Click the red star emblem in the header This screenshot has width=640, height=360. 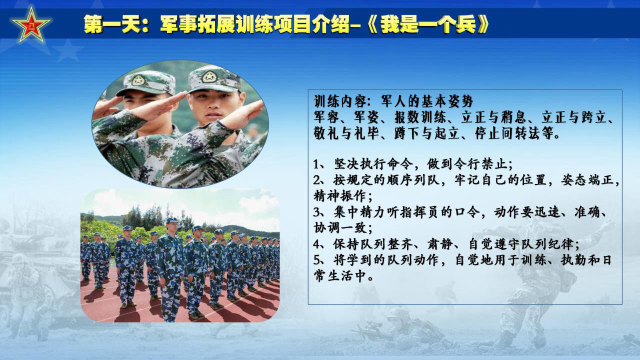pos(31,25)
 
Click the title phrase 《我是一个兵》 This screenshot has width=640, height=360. pos(427,24)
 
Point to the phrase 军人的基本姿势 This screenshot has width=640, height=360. pos(427,101)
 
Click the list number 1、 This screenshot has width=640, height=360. pos(320,164)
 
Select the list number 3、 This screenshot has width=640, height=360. pos(320,212)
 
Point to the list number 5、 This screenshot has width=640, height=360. pos(320,260)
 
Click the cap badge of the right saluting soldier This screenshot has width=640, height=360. pos(209,76)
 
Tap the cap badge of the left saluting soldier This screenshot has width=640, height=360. pos(138,80)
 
